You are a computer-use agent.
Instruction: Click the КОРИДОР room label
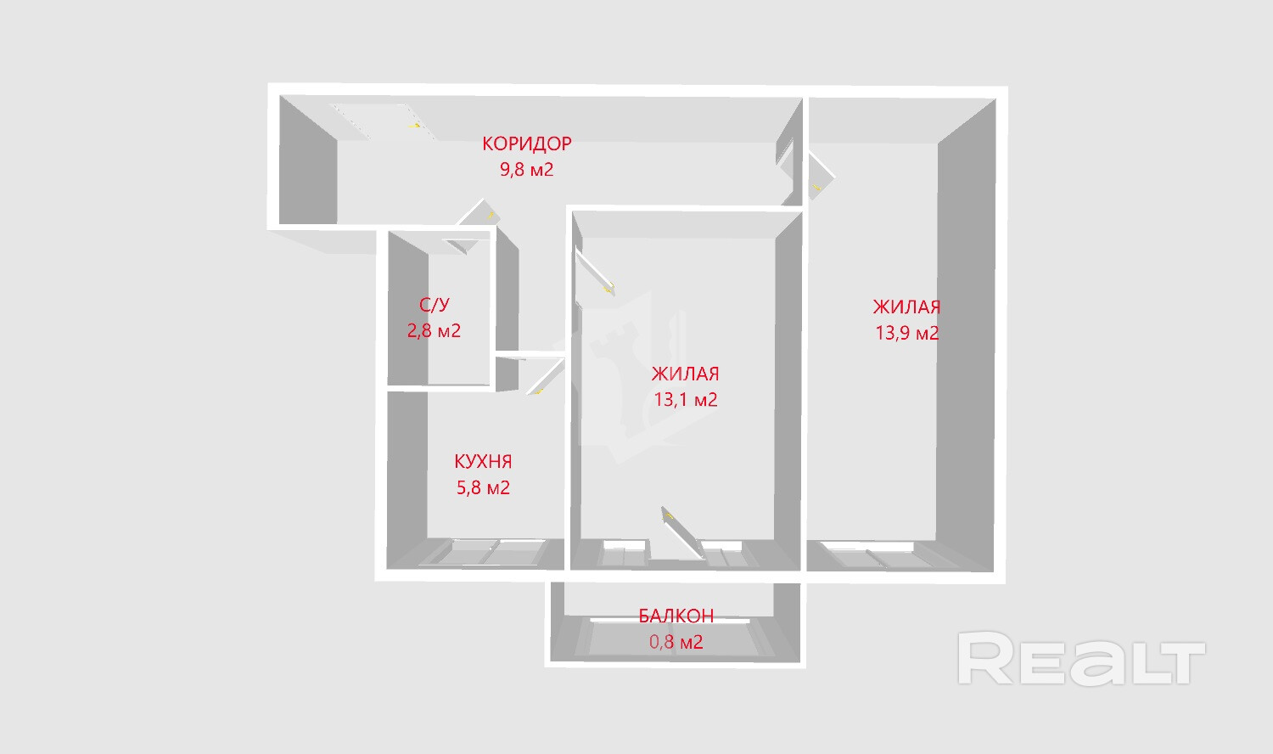[x=526, y=143]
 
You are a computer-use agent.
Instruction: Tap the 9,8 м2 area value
[x=526, y=169]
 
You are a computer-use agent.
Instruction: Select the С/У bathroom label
[x=434, y=305]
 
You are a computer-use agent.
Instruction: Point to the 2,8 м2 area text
[x=434, y=330]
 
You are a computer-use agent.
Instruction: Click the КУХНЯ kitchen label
[x=483, y=462]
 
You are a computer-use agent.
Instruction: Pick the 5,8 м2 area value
[x=483, y=487]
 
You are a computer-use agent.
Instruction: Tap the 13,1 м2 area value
[x=685, y=399]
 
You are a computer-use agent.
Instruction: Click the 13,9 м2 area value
[x=906, y=333]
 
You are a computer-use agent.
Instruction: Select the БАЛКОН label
[x=676, y=616]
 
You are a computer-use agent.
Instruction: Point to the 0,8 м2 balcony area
[x=676, y=642]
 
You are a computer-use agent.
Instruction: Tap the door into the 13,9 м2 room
[x=820, y=174]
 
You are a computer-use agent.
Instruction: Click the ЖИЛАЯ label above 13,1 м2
[x=685, y=374]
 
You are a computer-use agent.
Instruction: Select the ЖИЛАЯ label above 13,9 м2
[x=906, y=307]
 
